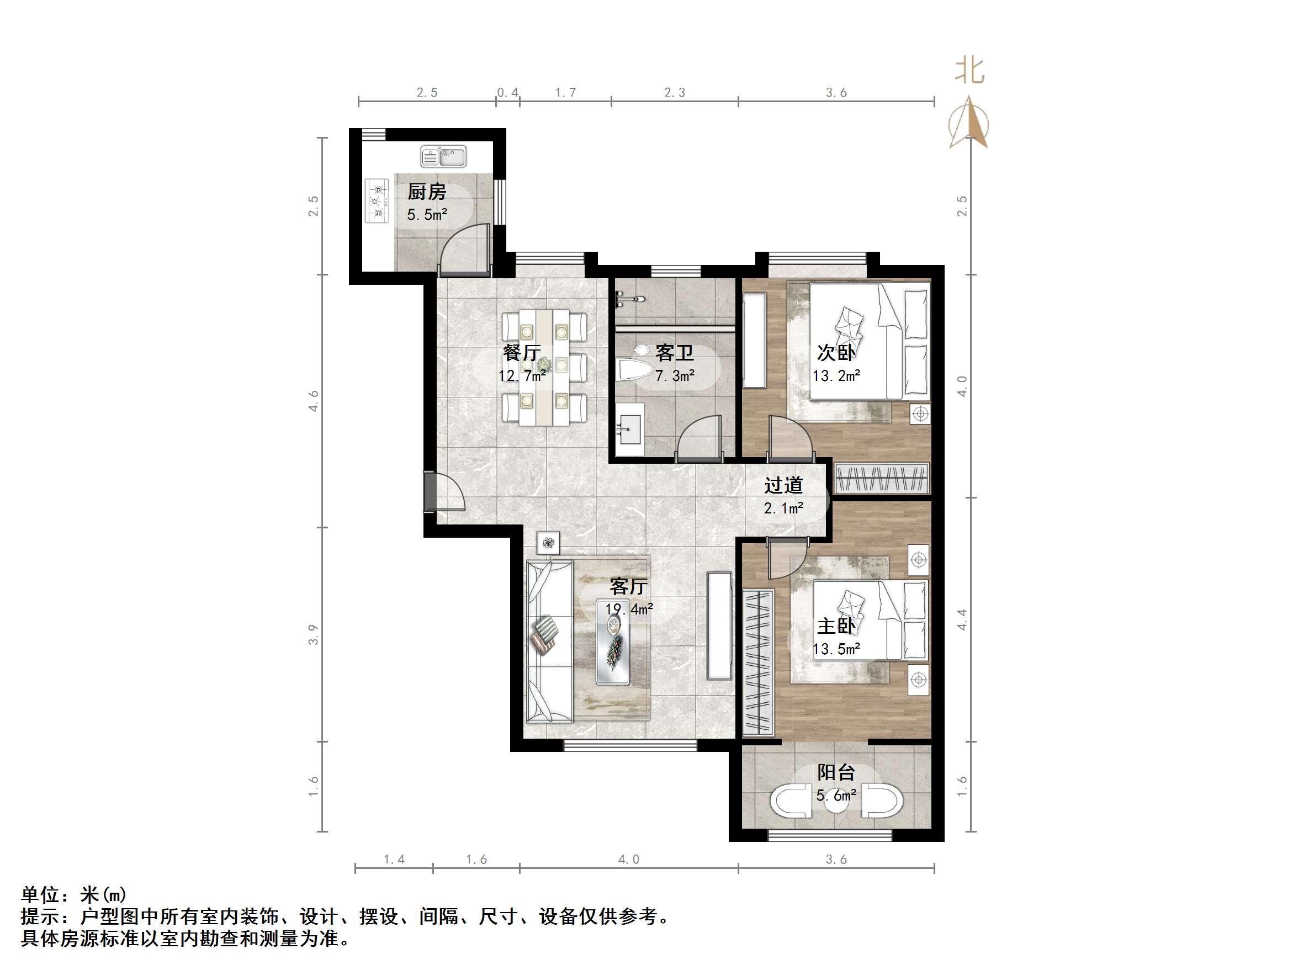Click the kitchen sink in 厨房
tap(443, 157)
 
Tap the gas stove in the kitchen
tap(377, 200)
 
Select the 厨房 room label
tap(427, 192)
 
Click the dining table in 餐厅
tap(544, 367)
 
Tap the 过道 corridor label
tap(783, 485)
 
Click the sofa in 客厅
tap(549, 642)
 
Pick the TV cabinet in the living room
tap(719, 626)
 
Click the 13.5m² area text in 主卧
tap(836, 649)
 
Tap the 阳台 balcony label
tap(836, 772)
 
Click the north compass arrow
tap(968, 123)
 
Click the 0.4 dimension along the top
tap(507, 92)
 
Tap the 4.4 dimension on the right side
tap(962, 619)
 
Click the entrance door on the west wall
tap(431, 492)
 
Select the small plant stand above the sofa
tap(548, 543)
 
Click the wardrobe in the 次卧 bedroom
tap(882, 478)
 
